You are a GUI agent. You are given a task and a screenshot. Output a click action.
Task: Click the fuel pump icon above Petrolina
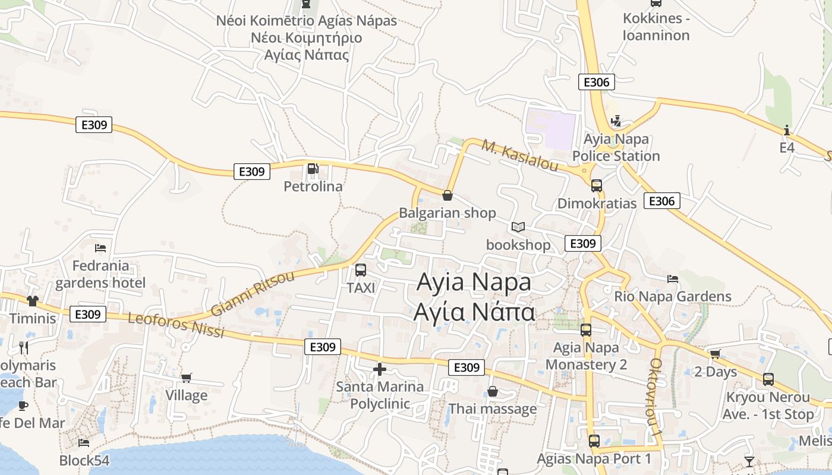[x=313, y=169]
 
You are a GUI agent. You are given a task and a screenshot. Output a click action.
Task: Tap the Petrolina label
[x=313, y=186]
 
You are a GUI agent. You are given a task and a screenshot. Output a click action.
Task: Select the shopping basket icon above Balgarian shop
[x=447, y=195]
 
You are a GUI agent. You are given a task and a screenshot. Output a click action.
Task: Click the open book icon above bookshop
[x=518, y=227]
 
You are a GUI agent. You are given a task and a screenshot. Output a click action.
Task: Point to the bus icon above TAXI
[x=360, y=271]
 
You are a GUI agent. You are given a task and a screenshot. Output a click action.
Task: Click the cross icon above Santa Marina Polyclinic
[x=379, y=370]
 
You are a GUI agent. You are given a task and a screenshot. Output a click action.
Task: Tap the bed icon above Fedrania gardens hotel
[x=100, y=248]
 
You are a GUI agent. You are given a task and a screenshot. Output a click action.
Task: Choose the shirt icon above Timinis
[x=32, y=301]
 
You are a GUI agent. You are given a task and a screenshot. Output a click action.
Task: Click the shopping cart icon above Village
[x=187, y=378]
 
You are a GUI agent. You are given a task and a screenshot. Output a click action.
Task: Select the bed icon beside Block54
[x=84, y=443]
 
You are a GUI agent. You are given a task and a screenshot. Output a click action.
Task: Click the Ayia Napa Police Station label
[x=616, y=148]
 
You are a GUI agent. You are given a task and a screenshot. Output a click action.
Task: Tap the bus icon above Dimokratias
[x=597, y=186]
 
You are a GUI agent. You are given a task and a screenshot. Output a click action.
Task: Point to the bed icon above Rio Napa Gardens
[x=673, y=278]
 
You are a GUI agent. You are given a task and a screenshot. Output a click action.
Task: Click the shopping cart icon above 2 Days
[x=716, y=354]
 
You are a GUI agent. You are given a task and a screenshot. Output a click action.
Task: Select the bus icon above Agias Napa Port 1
[x=594, y=441]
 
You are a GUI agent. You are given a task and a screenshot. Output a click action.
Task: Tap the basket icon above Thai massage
[x=493, y=391]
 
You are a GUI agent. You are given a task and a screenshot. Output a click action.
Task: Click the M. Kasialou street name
[x=519, y=156]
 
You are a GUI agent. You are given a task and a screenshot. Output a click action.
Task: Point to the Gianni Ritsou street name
[x=253, y=293]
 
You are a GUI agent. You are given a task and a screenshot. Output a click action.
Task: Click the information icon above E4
[x=787, y=130]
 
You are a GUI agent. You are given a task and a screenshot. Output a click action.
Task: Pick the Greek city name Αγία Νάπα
[x=474, y=311]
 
